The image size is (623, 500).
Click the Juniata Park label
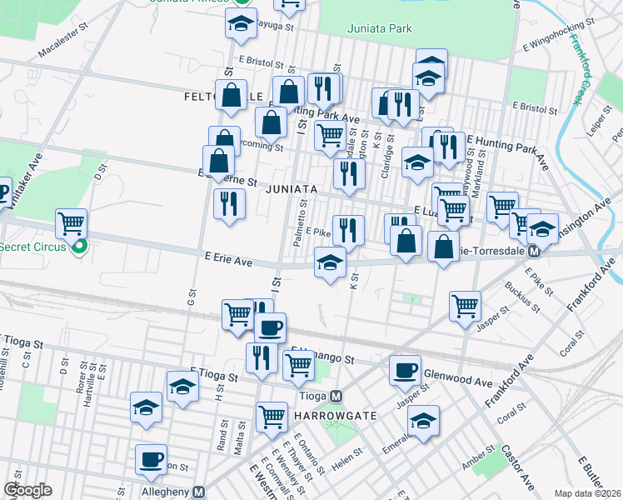tap(379, 28)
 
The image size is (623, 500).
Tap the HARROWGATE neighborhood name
tap(331, 415)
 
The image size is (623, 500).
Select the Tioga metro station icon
tap(336, 397)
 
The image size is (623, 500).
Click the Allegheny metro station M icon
tap(198, 492)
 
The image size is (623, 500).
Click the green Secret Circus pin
tap(79, 247)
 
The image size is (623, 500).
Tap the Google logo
tap(27, 490)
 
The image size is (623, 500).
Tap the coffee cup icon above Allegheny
tap(152, 460)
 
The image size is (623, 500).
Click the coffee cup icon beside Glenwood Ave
tap(405, 369)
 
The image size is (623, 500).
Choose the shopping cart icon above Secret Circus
tap(72, 223)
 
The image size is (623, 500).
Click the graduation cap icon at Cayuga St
tap(240, 24)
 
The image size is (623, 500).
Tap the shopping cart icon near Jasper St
tap(465, 304)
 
